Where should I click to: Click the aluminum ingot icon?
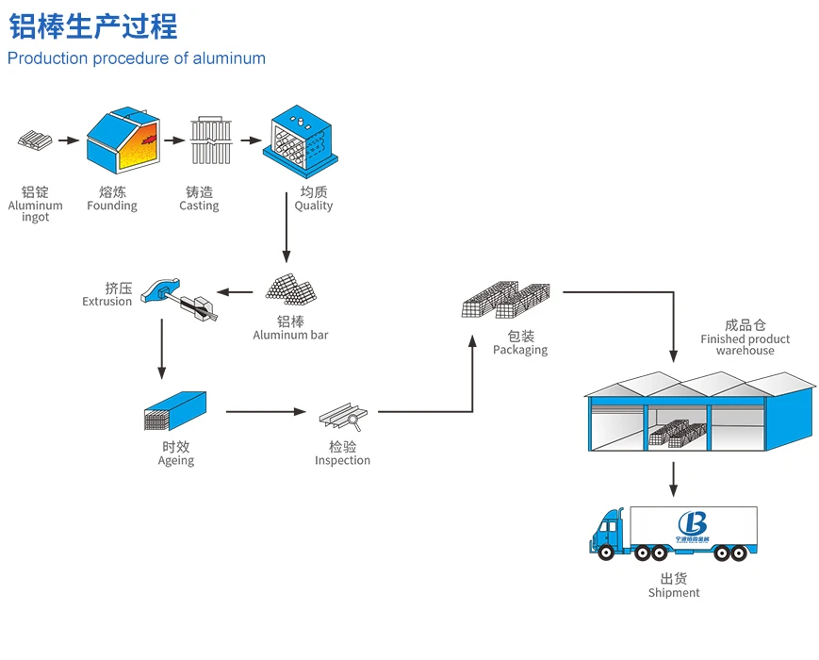tap(34, 141)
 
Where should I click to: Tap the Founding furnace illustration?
tap(123, 141)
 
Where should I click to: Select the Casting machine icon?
tap(210, 141)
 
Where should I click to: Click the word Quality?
tap(313, 206)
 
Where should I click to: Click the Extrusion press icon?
tap(179, 297)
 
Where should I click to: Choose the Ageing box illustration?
tap(175, 411)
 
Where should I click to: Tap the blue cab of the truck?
tap(609, 533)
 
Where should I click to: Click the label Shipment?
tap(674, 593)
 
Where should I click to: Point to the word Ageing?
tap(176, 461)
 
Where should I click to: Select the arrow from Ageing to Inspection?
tap(267, 412)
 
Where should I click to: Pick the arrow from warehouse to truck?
tap(673, 479)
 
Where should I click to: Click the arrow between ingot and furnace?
tap(68, 140)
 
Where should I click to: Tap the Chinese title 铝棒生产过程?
tap(93, 26)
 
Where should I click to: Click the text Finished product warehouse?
tap(745, 344)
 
